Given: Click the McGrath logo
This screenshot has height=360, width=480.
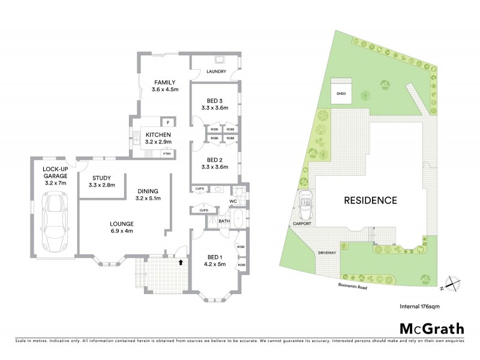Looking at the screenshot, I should tap(431, 328).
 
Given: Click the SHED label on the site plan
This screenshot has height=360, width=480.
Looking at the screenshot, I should tap(341, 94).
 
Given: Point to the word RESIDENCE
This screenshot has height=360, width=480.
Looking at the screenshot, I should tap(370, 200).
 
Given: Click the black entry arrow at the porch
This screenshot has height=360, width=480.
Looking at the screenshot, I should tap(180, 261).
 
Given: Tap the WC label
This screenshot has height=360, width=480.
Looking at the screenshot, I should tap(233, 200).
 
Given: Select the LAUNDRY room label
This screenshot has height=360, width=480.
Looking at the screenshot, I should tap(215, 72).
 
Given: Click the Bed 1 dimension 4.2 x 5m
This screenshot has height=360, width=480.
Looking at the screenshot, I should tap(213, 265).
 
